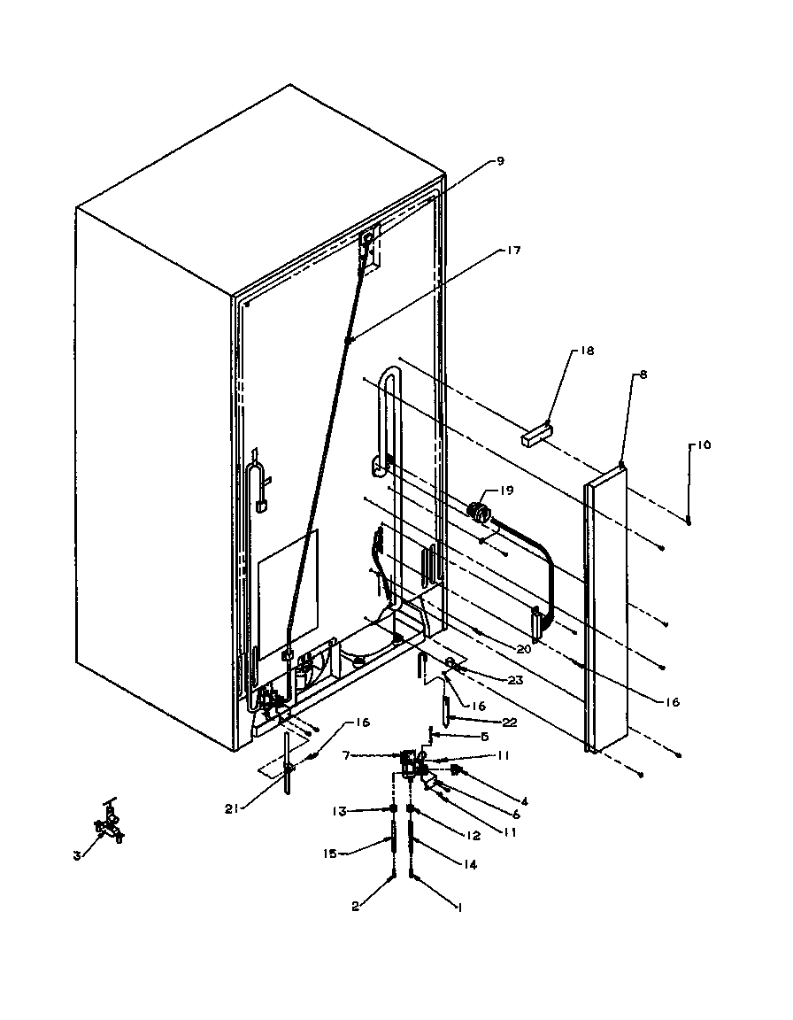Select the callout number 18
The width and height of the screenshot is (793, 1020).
click(x=563, y=352)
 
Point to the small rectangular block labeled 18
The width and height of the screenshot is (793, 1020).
click(x=536, y=436)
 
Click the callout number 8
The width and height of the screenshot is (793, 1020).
click(x=642, y=375)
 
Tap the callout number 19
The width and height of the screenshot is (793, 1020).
click(x=506, y=489)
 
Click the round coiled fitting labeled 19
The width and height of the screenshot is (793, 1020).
click(x=479, y=511)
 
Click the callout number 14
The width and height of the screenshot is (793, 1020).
click(x=469, y=865)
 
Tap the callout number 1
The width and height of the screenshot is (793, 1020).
click(x=458, y=907)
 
